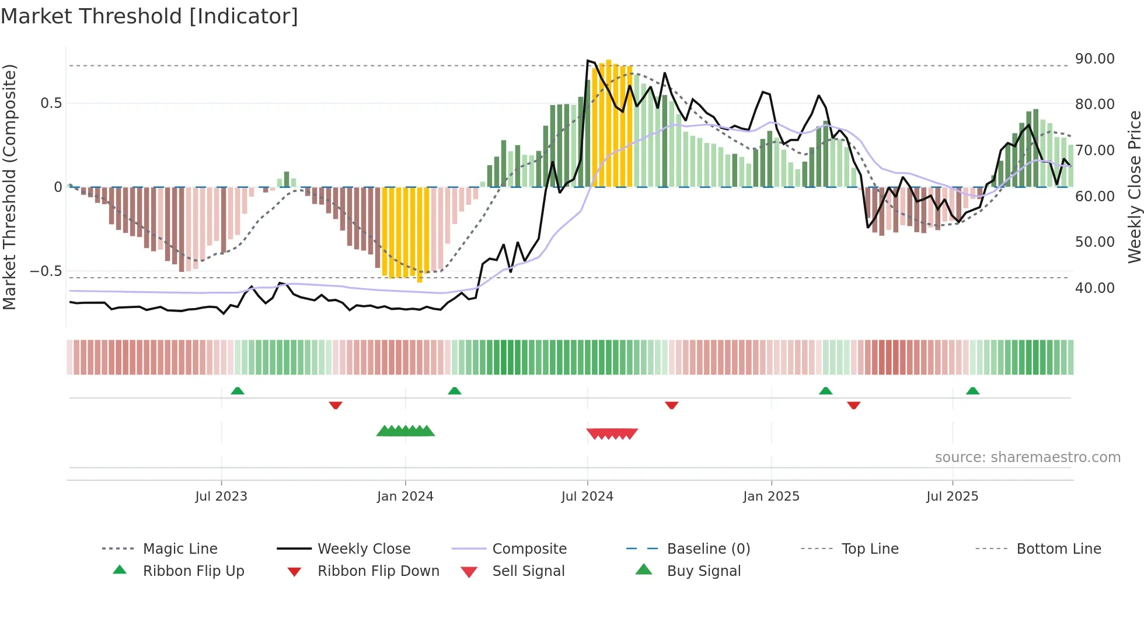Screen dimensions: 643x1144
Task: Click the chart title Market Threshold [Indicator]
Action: point(149,16)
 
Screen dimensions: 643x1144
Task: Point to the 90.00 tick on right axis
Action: point(1094,59)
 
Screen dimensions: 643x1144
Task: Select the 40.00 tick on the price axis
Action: point(1094,288)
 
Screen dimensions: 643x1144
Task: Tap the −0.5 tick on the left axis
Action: point(46,271)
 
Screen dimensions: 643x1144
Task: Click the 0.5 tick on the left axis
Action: point(51,103)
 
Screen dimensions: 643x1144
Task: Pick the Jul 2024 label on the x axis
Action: point(587,497)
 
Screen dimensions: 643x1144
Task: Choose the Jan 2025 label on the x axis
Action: point(771,497)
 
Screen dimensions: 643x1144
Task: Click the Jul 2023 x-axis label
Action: point(221,497)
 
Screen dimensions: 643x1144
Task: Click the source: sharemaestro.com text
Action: point(1027,457)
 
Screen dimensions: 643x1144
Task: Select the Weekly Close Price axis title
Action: point(1134,187)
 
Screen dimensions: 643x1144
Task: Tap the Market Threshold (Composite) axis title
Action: point(9,187)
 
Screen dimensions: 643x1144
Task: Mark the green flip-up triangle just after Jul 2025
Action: point(972,391)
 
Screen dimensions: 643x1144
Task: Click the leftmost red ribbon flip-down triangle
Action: point(335,405)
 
